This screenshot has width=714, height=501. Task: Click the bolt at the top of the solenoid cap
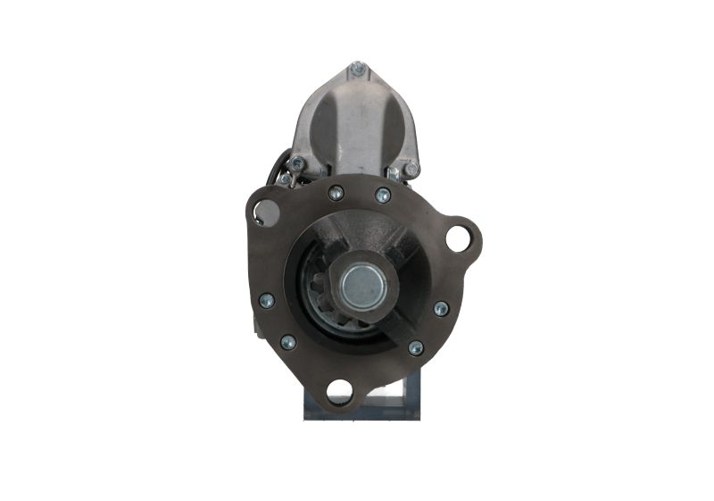357,68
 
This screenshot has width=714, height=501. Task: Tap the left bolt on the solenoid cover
296,163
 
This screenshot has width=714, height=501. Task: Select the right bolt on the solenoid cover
411,169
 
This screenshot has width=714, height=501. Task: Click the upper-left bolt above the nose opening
336,193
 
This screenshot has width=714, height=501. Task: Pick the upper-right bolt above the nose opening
383,196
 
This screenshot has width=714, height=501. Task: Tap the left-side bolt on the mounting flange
266,301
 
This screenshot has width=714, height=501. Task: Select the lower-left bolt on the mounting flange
288,342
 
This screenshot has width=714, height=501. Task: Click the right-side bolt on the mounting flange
441,309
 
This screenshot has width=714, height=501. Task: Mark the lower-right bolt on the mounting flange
416,347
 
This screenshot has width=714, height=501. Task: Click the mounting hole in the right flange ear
459,238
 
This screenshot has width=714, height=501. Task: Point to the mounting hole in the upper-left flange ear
264,213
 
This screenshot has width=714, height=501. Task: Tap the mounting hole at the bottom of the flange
339,389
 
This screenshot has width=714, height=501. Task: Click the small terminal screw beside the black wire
285,179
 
